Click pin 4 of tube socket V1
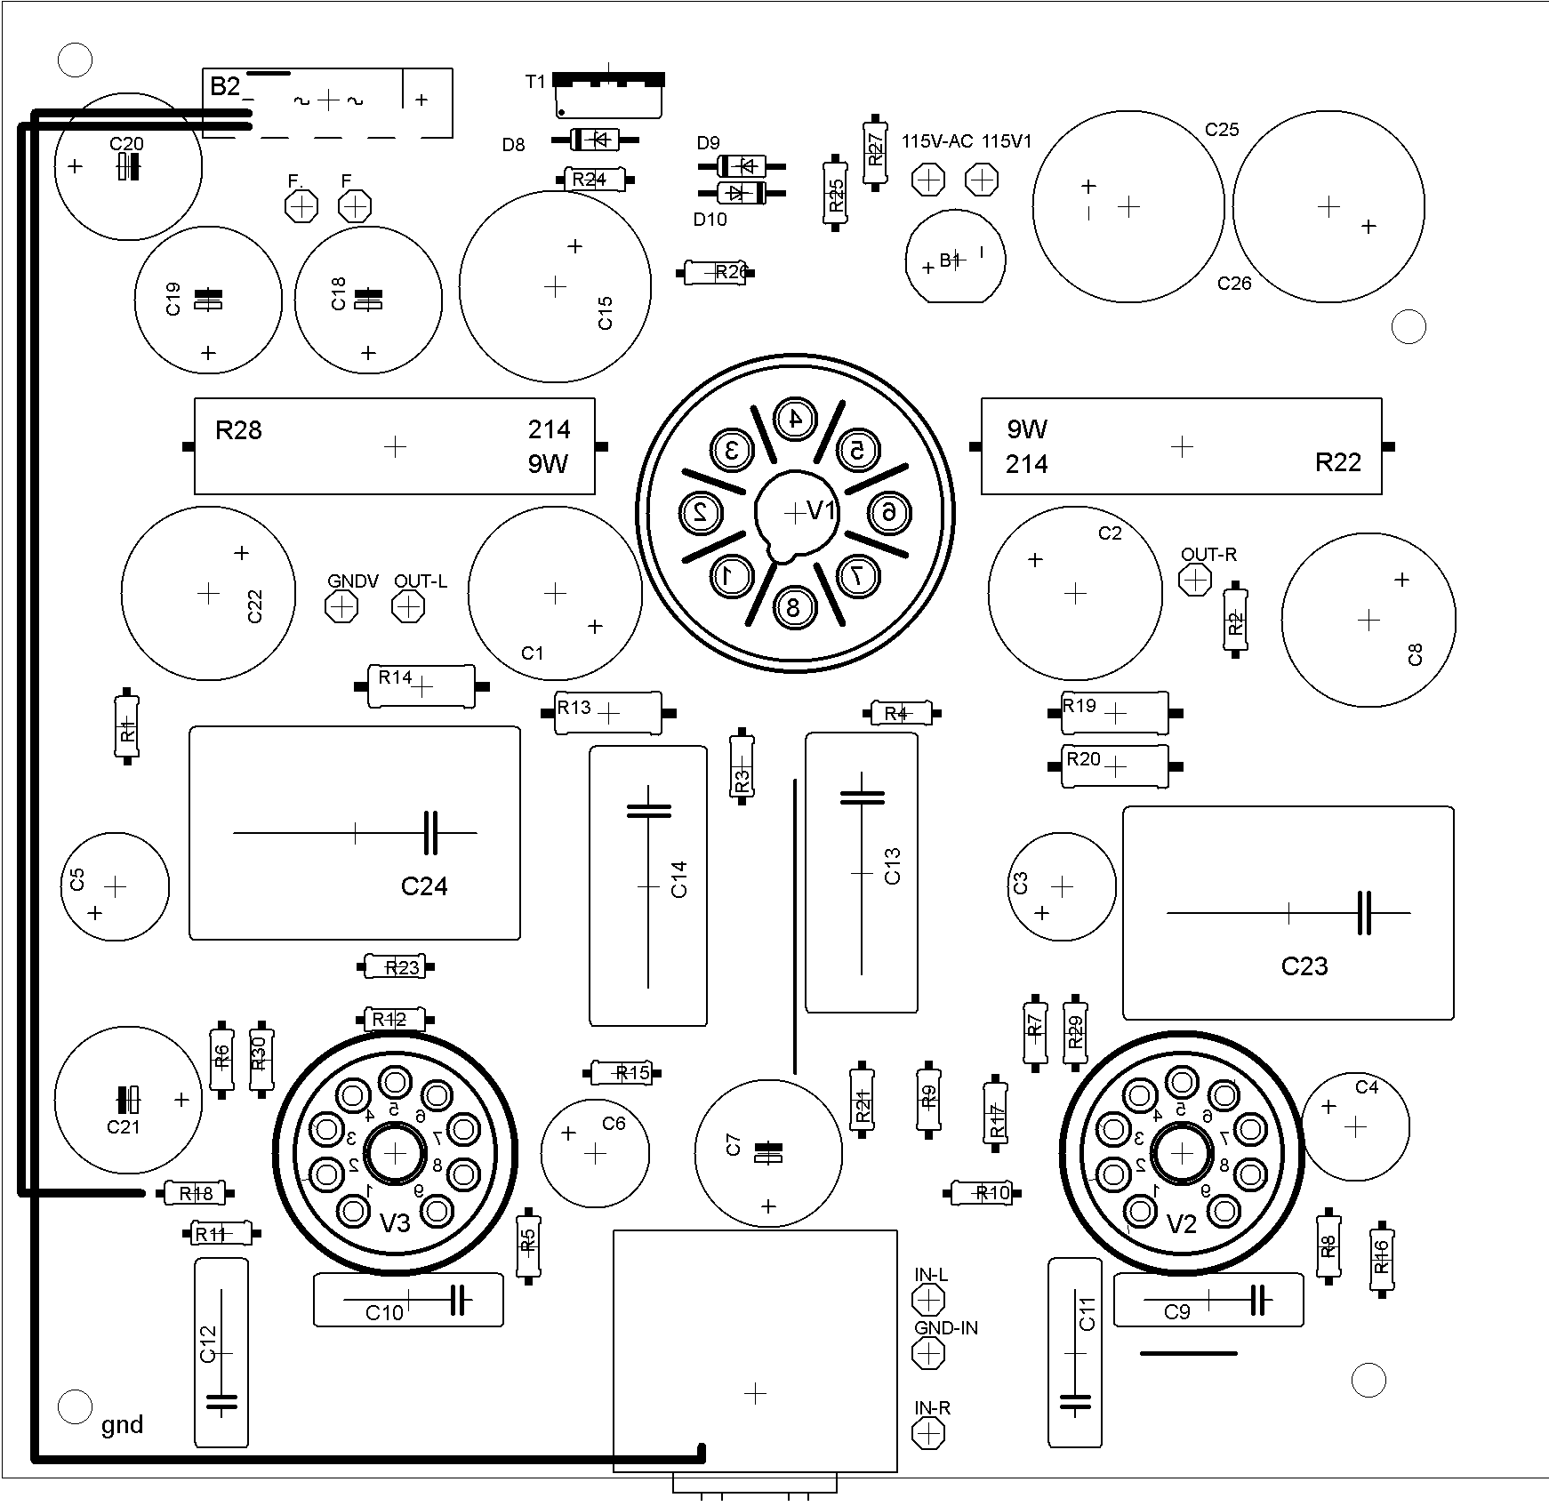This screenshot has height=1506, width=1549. [795, 418]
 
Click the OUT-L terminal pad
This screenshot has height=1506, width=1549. [408, 607]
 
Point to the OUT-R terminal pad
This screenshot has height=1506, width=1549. [1194, 580]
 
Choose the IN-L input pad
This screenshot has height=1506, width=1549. [928, 1301]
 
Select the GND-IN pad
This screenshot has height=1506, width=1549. [928, 1354]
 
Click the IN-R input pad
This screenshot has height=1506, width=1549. [928, 1433]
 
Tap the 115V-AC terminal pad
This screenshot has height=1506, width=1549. [928, 180]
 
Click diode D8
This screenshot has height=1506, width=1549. [594, 140]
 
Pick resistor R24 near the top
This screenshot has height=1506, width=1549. [594, 180]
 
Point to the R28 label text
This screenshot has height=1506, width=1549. [238, 431]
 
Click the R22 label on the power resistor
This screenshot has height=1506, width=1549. [1338, 462]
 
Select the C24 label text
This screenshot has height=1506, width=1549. [424, 886]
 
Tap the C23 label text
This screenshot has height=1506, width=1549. [1304, 966]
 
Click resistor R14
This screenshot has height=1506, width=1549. [421, 685]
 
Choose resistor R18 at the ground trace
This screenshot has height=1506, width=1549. [197, 1193]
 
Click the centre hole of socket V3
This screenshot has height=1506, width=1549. [395, 1153]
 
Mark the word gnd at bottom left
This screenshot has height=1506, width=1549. [122, 1425]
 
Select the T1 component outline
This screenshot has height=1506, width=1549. [609, 96]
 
